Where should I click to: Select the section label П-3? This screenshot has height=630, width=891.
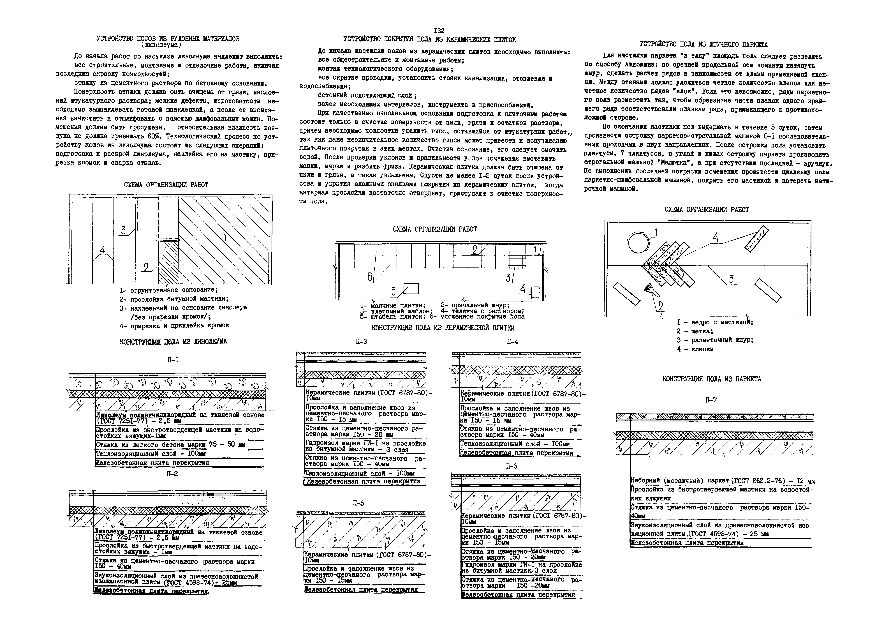pyautogui.click(x=361, y=342)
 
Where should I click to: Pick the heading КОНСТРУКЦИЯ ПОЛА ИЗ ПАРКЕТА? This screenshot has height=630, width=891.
pyautogui.click(x=712, y=379)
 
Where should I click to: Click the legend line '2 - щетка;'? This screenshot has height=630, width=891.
pyautogui.click(x=695, y=331)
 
